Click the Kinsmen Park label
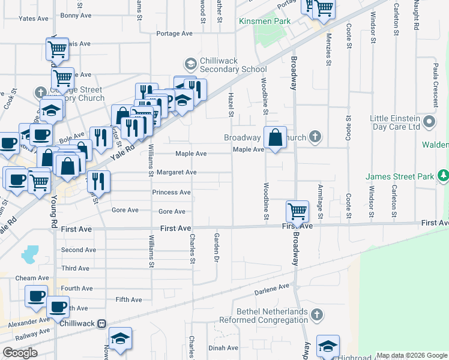click(265, 21)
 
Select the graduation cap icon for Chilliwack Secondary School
click(190, 63)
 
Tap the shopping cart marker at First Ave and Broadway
click(297, 212)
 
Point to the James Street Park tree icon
click(443, 176)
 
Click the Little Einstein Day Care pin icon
click(429, 122)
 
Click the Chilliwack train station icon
click(102, 323)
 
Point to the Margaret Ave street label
click(176, 172)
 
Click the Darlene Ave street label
click(273, 288)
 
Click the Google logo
click(20, 353)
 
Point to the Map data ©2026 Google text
click(411, 355)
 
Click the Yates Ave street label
click(33, 19)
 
